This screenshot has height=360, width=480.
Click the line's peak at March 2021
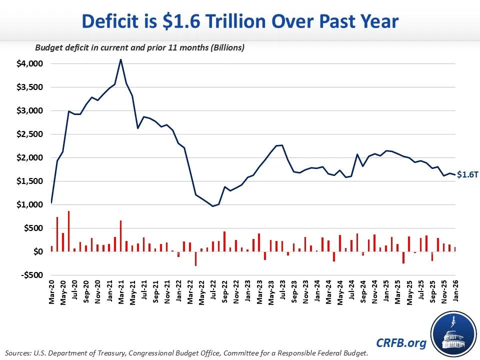[120, 60]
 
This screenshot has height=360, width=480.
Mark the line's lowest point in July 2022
[212, 206]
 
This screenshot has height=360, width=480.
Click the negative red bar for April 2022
[195, 258]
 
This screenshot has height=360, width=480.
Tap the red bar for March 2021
[120, 236]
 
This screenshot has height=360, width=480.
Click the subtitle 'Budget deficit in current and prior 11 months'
[139, 48]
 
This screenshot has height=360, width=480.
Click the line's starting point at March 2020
[51, 203]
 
